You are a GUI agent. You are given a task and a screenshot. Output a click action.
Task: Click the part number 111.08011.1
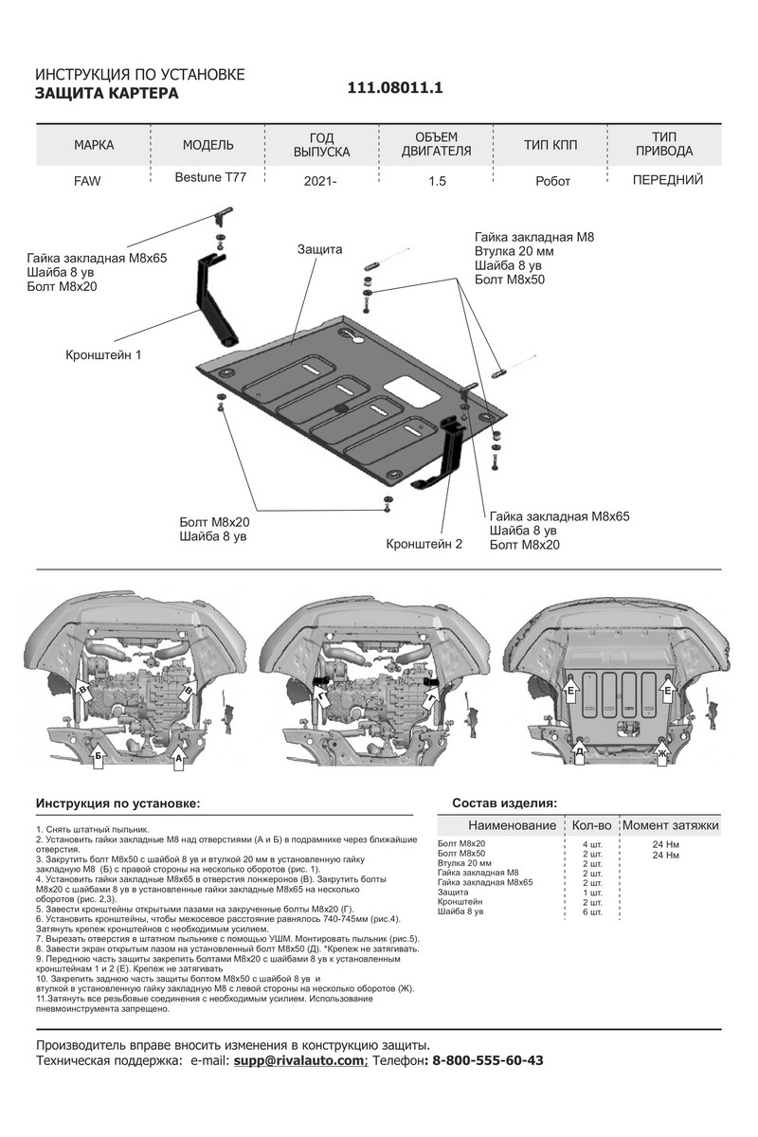pyautogui.click(x=396, y=87)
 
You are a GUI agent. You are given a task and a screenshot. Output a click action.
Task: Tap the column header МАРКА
pyautogui.click(x=93, y=145)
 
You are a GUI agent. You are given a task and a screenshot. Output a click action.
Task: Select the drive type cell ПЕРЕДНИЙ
pyautogui.click(x=667, y=177)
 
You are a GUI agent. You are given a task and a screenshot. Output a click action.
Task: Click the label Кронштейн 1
pyautogui.click(x=104, y=354)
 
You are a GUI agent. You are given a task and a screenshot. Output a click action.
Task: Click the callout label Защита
pyautogui.click(x=319, y=248)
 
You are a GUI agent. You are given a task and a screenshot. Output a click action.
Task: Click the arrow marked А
pyautogui.click(x=180, y=756)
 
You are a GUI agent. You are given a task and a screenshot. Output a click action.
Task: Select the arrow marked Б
pyautogui.click(x=99, y=755)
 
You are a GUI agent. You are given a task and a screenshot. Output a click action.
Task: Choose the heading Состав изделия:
pyautogui.click(x=504, y=802)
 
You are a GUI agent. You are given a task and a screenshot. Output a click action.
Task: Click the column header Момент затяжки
pyautogui.click(x=671, y=826)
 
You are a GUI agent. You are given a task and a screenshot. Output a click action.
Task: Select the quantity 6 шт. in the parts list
pyautogui.click(x=592, y=911)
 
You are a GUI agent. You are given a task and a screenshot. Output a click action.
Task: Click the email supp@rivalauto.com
pyautogui.click(x=299, y=1060)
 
